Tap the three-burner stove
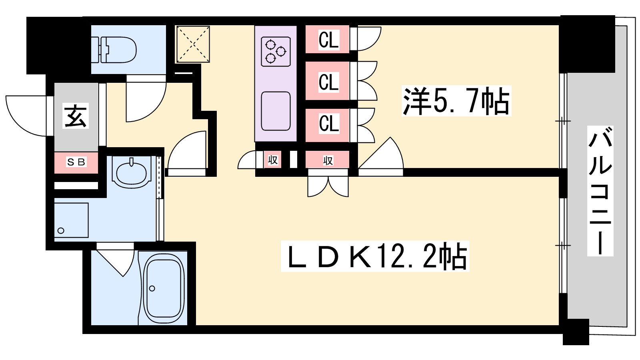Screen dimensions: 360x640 (x=276, y=51)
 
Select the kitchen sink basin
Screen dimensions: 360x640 (x=276, y=111)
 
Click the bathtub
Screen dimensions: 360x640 (x=163, y=289)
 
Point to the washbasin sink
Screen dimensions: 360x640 (x=131, y=172)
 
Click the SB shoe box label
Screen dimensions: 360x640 (x=76, y=162)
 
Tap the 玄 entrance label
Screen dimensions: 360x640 (x=76, y=116)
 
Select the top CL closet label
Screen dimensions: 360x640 (x=328, y=40)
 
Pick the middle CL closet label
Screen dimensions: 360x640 (x=328, y=82)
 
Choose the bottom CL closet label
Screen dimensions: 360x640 (x=328, y=123)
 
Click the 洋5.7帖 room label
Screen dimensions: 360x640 (x=456, y=101)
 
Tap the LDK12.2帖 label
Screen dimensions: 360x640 (x=375, y=256)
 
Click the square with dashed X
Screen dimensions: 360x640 (x=193, y=44)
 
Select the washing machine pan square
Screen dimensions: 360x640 (x=71, y=220)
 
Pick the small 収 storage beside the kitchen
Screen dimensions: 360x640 (x=273, y=160)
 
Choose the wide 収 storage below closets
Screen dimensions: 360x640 (x=328, y=160)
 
